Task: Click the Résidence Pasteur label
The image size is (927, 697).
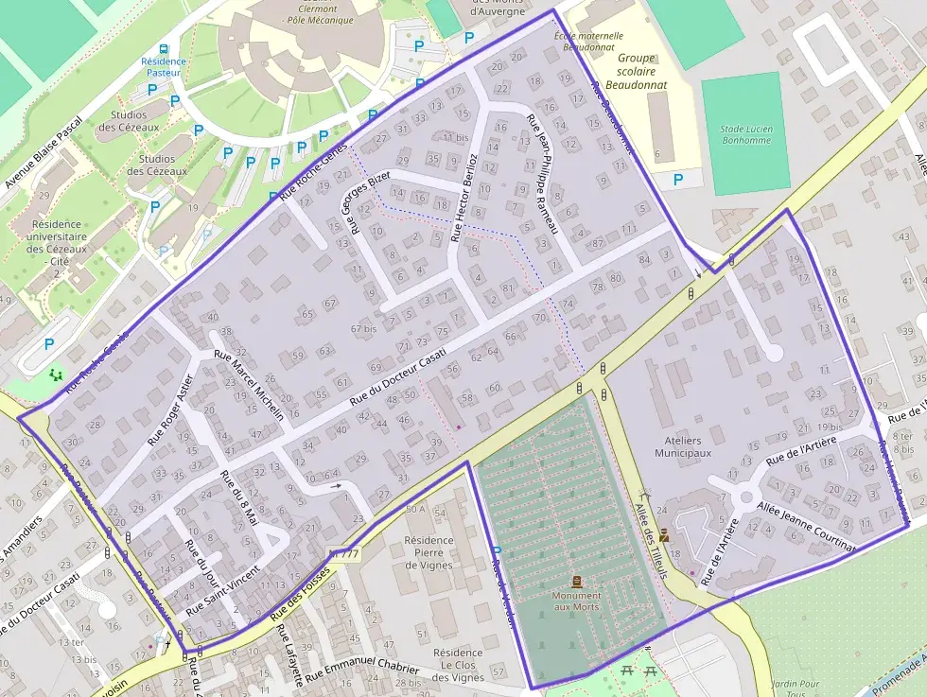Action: [x=164, y=68]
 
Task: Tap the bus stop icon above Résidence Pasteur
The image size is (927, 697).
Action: [x=164, y=48]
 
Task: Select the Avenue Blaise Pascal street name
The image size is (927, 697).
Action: [x=44, y=152]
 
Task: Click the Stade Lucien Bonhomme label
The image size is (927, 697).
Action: [x=745, y=134]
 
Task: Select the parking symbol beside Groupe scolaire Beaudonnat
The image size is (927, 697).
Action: [x=677, y=179]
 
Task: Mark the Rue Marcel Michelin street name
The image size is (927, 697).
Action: [x=249, y=385]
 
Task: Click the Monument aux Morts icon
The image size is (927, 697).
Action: [x=577, y=581]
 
